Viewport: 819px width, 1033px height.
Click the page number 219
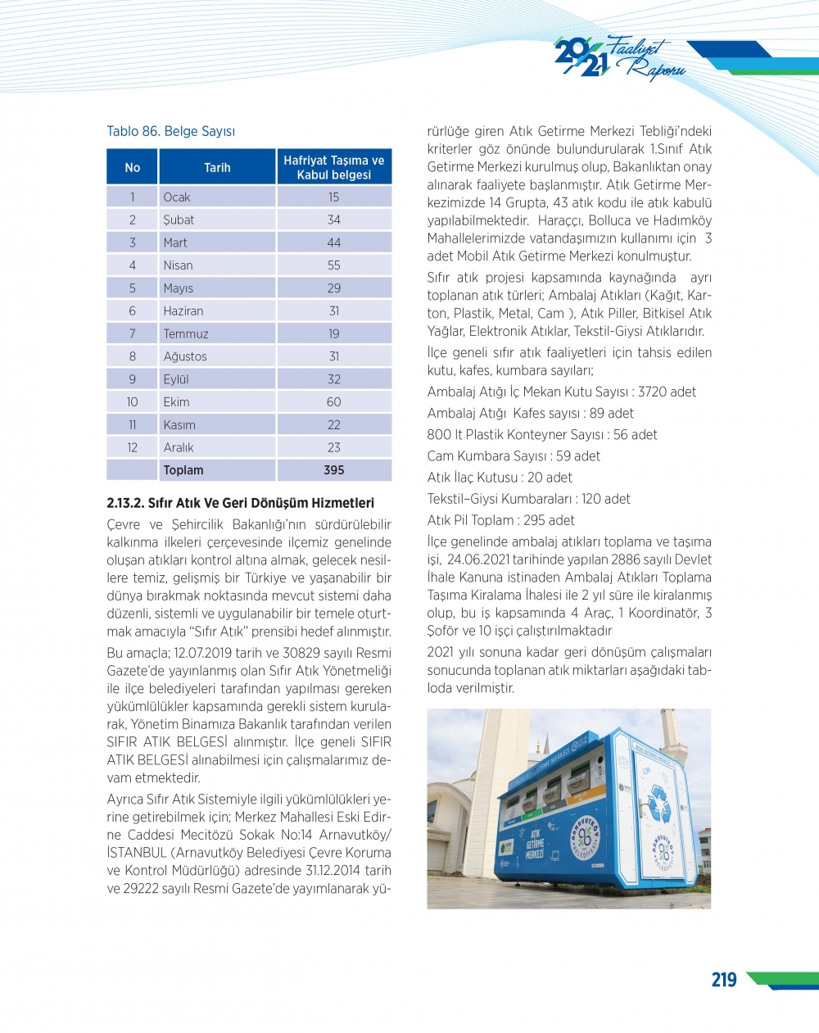(724, 980)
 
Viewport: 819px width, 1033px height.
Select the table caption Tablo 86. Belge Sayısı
(170, 131)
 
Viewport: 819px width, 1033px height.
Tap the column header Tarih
(217, 167)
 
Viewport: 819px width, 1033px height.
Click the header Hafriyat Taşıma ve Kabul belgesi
(334, 167)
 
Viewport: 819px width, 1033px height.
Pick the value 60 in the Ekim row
(334, 402)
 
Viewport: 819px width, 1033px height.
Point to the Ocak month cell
(177, 197)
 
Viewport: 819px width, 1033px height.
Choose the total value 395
(334, 470)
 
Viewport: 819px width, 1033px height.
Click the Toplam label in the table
(183, 470)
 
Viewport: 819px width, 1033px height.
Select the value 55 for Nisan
(334, 265)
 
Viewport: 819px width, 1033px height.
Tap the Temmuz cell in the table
(186, 334)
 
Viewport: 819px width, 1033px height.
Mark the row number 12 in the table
(132, 448)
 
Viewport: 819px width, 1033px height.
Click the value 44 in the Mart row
(334, 243)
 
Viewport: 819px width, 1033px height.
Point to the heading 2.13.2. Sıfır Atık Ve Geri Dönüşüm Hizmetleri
(240, 503)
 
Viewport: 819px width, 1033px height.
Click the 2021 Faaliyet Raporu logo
(620, 57)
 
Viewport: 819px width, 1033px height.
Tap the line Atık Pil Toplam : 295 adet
(500, 520)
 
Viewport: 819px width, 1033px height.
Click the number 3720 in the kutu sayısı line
(650, 392)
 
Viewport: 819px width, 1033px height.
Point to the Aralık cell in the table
(179, 448)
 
